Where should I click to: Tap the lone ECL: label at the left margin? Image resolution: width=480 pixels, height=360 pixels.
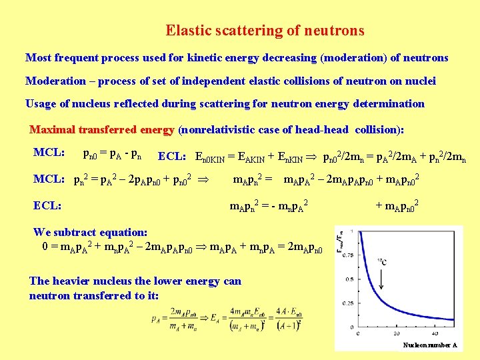tap(47, 206)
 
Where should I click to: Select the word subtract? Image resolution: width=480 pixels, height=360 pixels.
tap(75, 233)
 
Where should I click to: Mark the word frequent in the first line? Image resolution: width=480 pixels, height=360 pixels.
tap(73, 58)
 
